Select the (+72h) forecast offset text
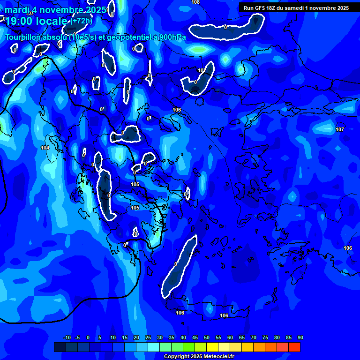tap(82, 21)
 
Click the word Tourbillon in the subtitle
tap(23, 37)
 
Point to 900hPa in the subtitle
tap(171, 37)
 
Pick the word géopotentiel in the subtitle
tap(121, 37)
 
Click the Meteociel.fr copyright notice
tap(199, 357)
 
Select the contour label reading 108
tap(195, 2)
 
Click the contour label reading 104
tap(45, 148)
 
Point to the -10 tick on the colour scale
tap(67, 338)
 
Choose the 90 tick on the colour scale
tap(300, 338)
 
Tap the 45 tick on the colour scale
tap(195, 338)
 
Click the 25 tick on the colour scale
tap(148, 338)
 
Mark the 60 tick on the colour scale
tap(230, 338)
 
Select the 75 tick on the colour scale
tap(265, 338)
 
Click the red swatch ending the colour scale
tap(294, 347)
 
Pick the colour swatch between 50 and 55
tap(212, 347)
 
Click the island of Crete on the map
tap(211, 309)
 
